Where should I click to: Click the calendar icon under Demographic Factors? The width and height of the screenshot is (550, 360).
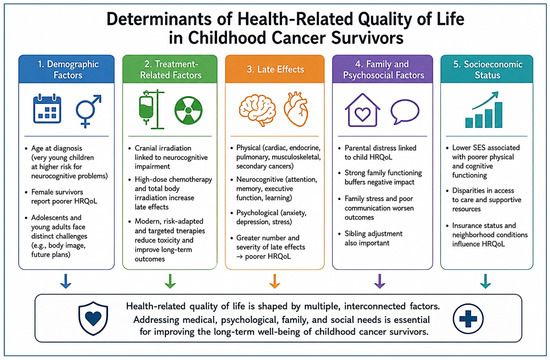click(x=47, y=108)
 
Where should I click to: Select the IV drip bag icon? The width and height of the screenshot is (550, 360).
click(x=152, y=109)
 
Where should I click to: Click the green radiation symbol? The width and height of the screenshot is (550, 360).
click(x=188, y=111)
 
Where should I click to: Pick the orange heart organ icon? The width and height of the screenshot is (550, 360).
click(x=296, y=109)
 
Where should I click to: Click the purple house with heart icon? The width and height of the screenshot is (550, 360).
click(x=362, y=110)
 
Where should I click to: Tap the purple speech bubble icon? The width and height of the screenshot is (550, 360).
click(x=405, y=112)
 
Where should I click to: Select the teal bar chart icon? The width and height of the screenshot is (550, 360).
click(x=484, y=110)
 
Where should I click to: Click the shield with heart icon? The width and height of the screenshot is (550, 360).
click(x=93, y=318)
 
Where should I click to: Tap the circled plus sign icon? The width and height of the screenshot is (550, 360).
click(x=468, y=319)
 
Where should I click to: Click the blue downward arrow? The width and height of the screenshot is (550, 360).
click(x=66, y=281)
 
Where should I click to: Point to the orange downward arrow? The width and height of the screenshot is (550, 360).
click(x=275, y=281)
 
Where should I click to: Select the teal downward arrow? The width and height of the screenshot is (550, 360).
click(x=485, y=281)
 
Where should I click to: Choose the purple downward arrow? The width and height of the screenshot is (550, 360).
click(x=380, y=281)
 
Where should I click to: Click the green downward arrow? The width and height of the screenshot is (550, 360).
click(x=170, y=281)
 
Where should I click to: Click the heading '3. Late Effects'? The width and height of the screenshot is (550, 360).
click(x=275, y=69)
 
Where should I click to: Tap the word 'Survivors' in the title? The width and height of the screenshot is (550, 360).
click(x=367, y=38)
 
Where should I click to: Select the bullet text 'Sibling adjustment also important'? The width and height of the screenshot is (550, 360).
click(x=373, y=238)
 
